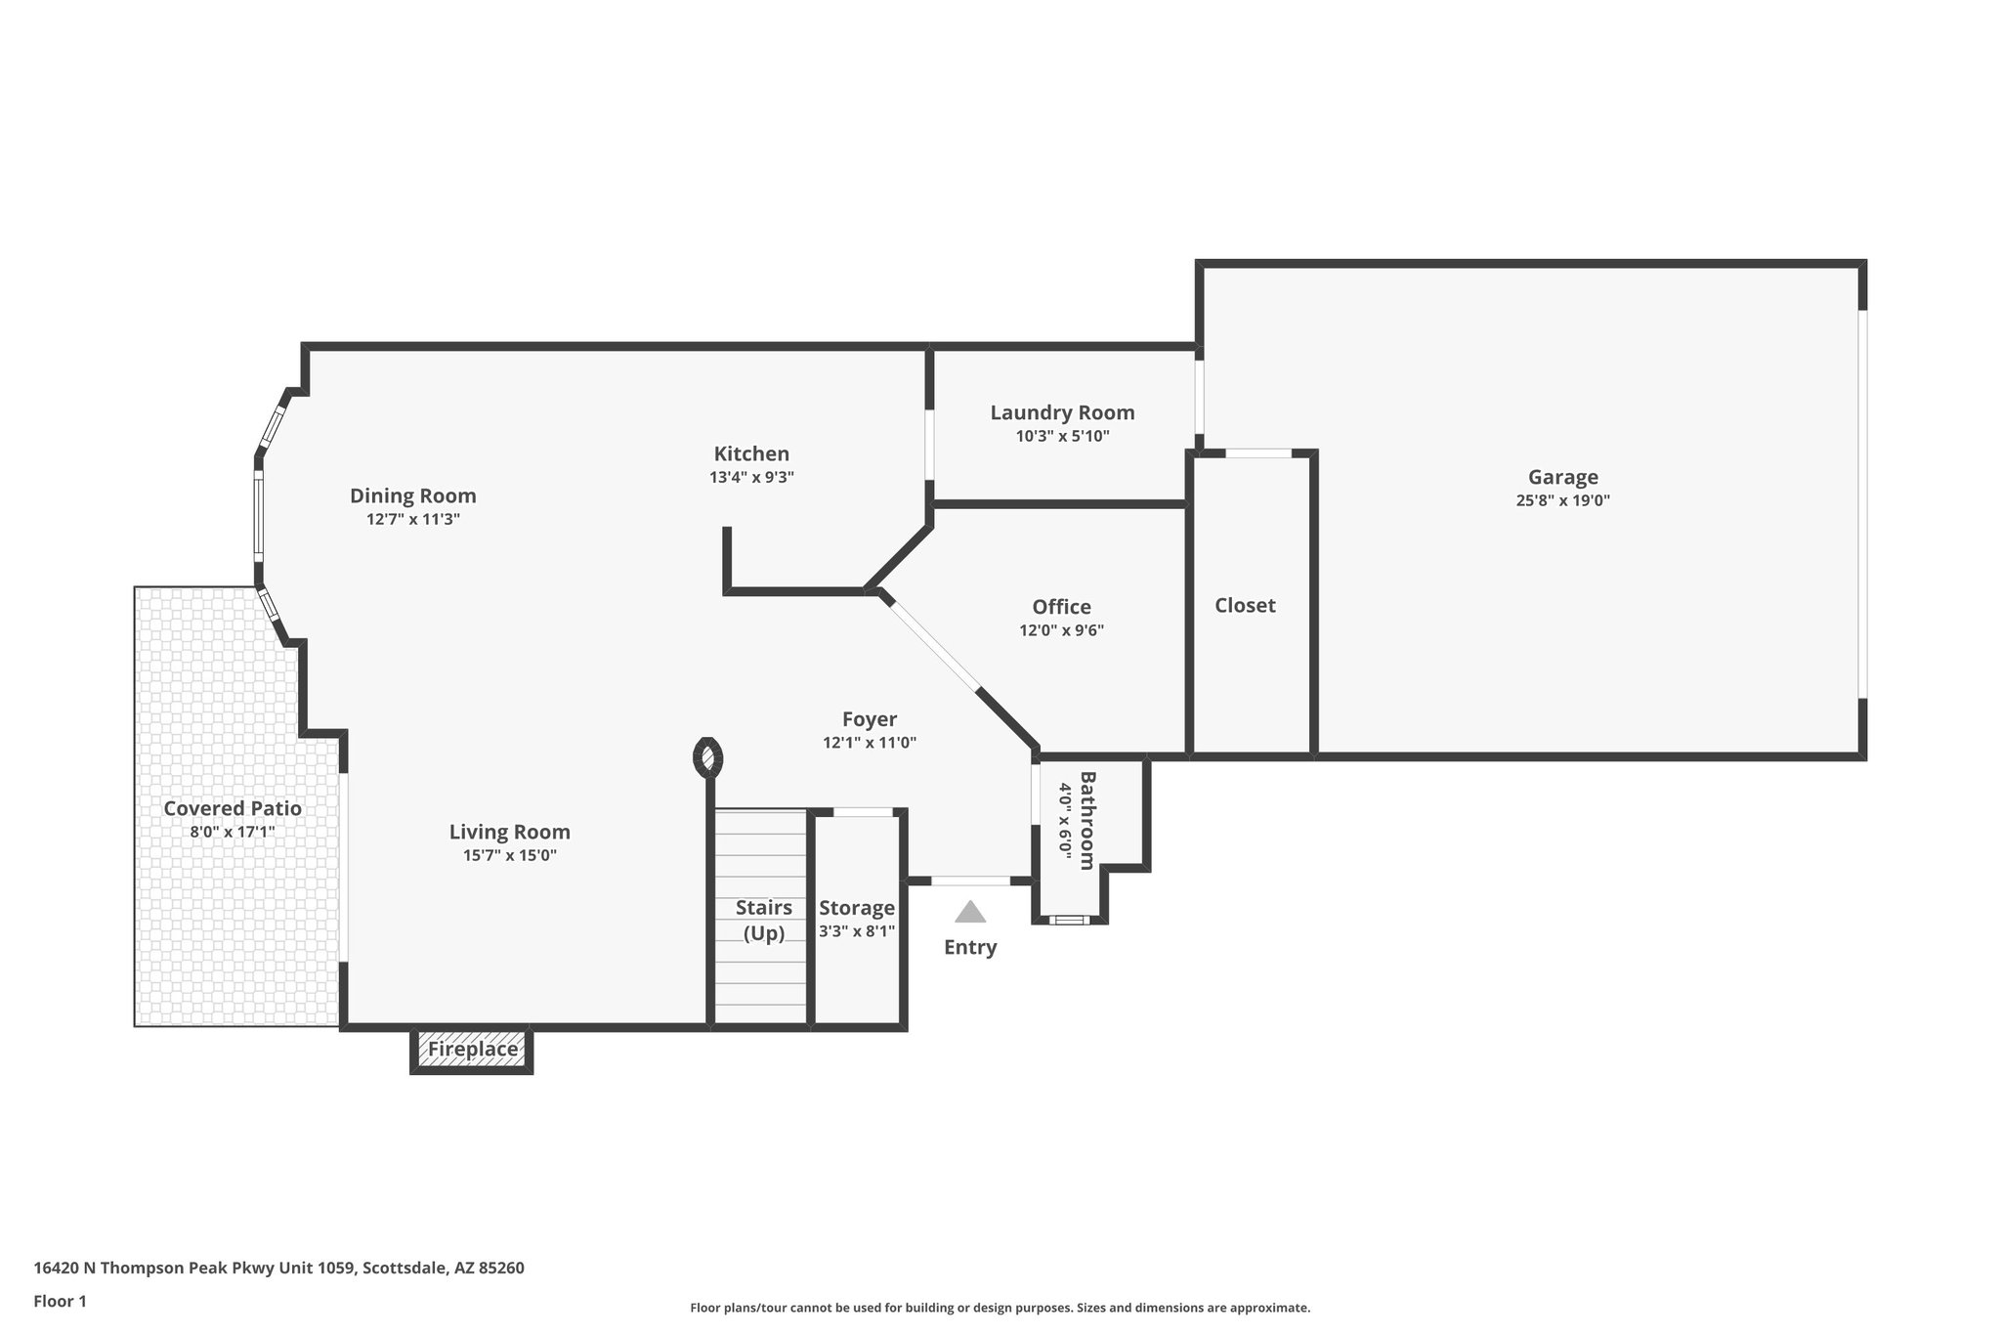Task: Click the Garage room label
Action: [x=1562, y=477]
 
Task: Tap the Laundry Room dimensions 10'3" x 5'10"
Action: [x=1062, y=437]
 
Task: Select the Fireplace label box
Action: [x=473, y=1050]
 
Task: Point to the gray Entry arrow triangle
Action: [x=970, y=913]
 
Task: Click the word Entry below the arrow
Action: [x=970, y=947]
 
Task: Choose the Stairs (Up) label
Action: [x=763, y=920]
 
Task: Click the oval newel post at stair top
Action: [x=708, y=757]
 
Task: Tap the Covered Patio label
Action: [x=233, y=808]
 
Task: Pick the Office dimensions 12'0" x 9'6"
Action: [x=1061, y=631]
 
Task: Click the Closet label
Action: [x=1245, y=605]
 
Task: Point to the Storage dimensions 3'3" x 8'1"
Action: [x=856, y=931]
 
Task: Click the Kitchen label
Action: [x=751, y=453]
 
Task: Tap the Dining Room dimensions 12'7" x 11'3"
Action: [x=413, y=520]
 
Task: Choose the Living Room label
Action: [x=509, y=832]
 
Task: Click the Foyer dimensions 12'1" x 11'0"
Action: [x=869, y=743]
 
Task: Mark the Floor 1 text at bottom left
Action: [x=61, y=1301]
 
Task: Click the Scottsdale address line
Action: [x=279, y=1268]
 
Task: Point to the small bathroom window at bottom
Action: [x=1069, y=920]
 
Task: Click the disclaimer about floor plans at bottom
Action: [x=1000, y=1308]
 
